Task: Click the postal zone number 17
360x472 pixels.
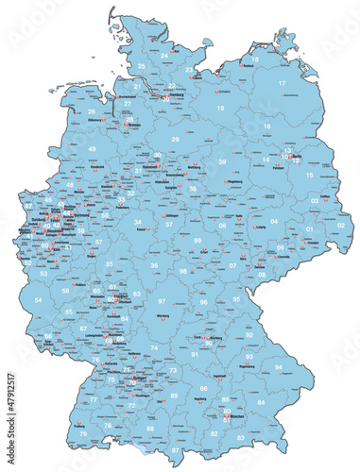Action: [282, 84]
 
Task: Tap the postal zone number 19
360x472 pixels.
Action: [220, 110]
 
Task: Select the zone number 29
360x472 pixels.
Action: [175, 139]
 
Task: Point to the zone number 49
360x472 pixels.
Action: [92, 149]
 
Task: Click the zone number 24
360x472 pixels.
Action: [163, 56]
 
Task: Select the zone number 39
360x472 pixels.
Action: [222, 161]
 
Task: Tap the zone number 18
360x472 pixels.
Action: [253, 59]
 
